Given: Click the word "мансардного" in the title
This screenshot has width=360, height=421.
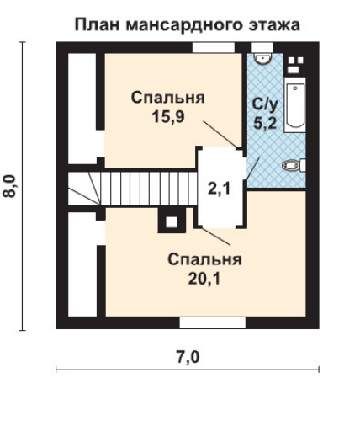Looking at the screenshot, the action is tap(184, 24).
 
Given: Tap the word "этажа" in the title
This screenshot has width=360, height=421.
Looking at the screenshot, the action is tap(274, 24).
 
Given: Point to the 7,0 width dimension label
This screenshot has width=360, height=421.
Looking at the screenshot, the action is tap(188, 357).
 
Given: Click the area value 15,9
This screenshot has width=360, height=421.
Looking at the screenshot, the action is tap(168, 116).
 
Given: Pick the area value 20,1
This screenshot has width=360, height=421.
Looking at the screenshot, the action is tap(204, 279).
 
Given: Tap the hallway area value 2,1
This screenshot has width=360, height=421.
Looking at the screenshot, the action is tap(219, 189).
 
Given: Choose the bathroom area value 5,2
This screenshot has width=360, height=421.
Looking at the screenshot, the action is tap(265, 122).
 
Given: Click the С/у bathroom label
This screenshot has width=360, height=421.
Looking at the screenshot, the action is tap(265, 104).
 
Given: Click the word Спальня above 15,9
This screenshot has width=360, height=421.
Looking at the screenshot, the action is tap(168, 98).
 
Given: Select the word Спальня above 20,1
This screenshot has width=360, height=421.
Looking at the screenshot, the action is tap(204, 259).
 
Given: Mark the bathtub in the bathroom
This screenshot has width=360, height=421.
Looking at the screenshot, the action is tap(294, 105).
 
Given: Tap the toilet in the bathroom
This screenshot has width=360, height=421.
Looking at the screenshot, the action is tap(294, 165).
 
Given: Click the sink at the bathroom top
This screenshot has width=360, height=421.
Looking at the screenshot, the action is tap(262, 58).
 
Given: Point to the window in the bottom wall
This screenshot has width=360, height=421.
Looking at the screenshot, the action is tap(213, 322).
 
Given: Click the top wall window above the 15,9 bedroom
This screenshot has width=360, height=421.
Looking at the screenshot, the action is tap(214, 47).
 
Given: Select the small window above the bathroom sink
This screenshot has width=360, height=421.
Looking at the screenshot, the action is tap(262, 47).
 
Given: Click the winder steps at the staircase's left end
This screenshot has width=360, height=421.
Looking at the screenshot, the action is tap(84, 189).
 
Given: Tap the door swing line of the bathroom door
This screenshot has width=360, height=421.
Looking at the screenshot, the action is tap(252, 168).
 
